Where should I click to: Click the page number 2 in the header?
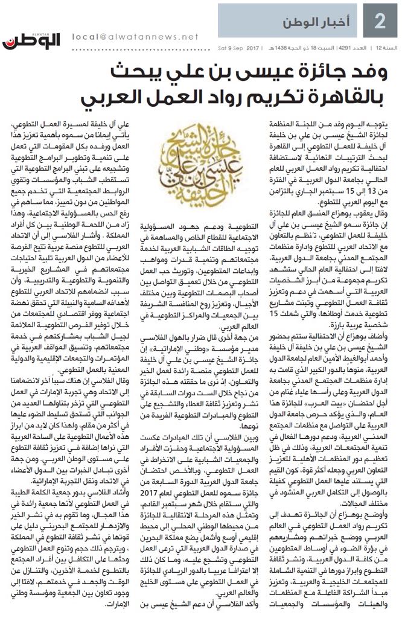380,22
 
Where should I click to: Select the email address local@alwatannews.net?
135,36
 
